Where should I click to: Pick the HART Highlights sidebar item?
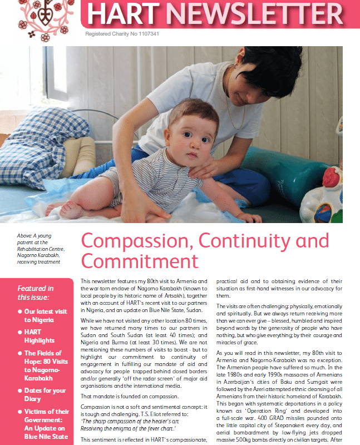click(40, 335)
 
